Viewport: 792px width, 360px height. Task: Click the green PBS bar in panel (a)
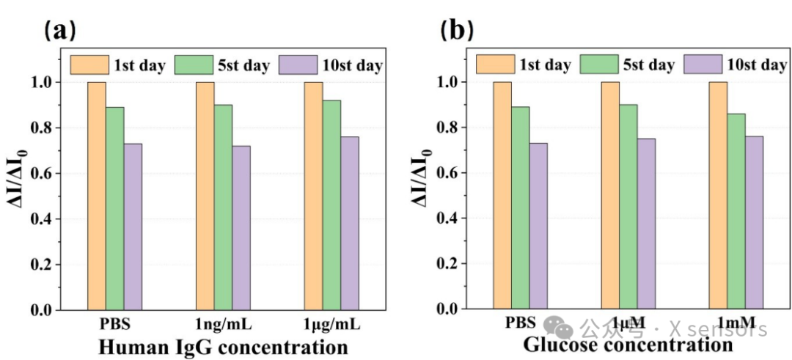pyautogui.click(x=115, y=208)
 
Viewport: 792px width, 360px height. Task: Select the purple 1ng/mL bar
pyautogui.click(x=241, y=228)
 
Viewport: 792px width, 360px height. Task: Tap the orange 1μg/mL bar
pyautogui.click(x=313, y=196)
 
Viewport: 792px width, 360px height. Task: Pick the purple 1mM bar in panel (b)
pyautogui.click(x=754, y=223)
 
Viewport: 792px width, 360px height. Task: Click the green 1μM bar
pyautogui.click(x=628, y=207)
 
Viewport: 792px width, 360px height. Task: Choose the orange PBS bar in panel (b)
pyautogui.click(x=502, y=196)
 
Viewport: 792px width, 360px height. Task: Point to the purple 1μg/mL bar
pyautogui.click(x=350, y=223)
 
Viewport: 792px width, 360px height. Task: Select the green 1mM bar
pyautogui.click(x=736, y=212)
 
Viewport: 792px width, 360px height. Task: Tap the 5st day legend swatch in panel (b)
pyautogui.click(x=600, y=65)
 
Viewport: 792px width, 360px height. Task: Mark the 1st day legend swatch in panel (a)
pyautogui.click(x=89, y=65)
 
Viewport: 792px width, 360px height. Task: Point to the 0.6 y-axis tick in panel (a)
pyautogui.click(x=40, y=174)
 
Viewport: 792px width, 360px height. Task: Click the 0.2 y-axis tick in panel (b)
pyautogui.click(x=447, y=264)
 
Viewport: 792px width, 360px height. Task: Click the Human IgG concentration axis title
pyautogui.click(x=223, y=348)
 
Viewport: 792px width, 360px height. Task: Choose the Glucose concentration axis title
pyautogui.click(x=628, y=345)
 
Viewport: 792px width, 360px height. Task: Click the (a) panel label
pyautogui.click(x=60, y=32)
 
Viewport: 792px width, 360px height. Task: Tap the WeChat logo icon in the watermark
pyautogui.click(x=558, y=328)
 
